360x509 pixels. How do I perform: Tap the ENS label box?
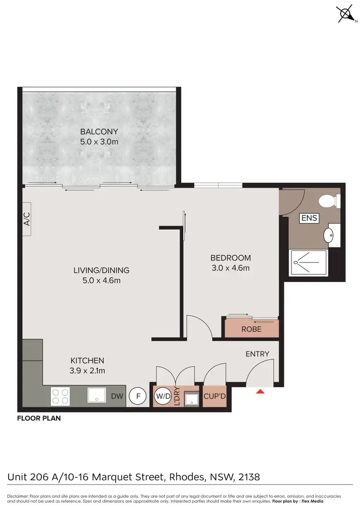[309, 218]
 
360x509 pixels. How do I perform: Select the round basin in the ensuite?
[329, 235]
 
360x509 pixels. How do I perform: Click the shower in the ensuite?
[308, 262]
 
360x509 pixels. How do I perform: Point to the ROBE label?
[251, 330]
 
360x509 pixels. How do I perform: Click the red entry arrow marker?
[260, 392]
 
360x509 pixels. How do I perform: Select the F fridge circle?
[138, 396]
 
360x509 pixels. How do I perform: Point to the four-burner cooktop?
[60, 396]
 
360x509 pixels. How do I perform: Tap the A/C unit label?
[27, 220]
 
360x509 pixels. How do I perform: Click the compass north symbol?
[346, 14]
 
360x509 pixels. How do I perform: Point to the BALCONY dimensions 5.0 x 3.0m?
[99, 142]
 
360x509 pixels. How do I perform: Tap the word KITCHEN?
[87, 360]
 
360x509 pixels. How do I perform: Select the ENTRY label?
[257, 354]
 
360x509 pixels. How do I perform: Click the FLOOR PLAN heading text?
[39, 418]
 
